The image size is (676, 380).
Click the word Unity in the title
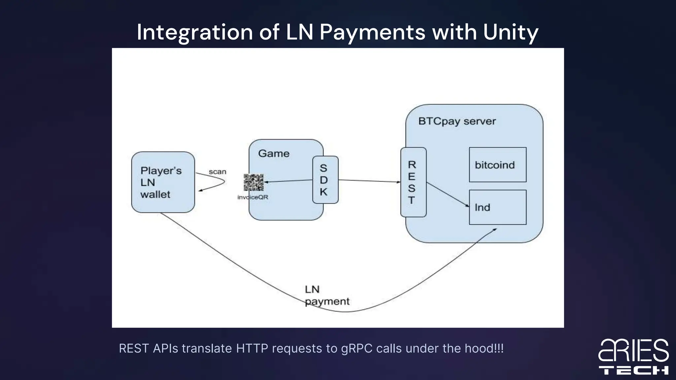coord(510,32)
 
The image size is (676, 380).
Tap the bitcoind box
coord(497,165)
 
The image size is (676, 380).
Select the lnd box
coord(497,207)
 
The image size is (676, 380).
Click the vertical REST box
coord(413,182)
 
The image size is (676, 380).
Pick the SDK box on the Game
coord(325,180)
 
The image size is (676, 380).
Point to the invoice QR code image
coord(253,182)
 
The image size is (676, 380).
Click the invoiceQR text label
coord(253,197)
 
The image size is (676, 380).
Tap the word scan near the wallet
coord(217,172)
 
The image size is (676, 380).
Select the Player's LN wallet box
coord(163,182)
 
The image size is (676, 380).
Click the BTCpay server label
coord(457,121)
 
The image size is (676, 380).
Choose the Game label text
coord(274,153)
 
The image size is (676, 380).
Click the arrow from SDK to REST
coord(369,181)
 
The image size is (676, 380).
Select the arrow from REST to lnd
coord(447,195)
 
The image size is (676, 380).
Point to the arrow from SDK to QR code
coord(288,181)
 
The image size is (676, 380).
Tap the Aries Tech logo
coord(633,357)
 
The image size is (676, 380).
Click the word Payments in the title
coord(372,32)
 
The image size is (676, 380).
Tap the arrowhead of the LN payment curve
coord(495,230)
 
